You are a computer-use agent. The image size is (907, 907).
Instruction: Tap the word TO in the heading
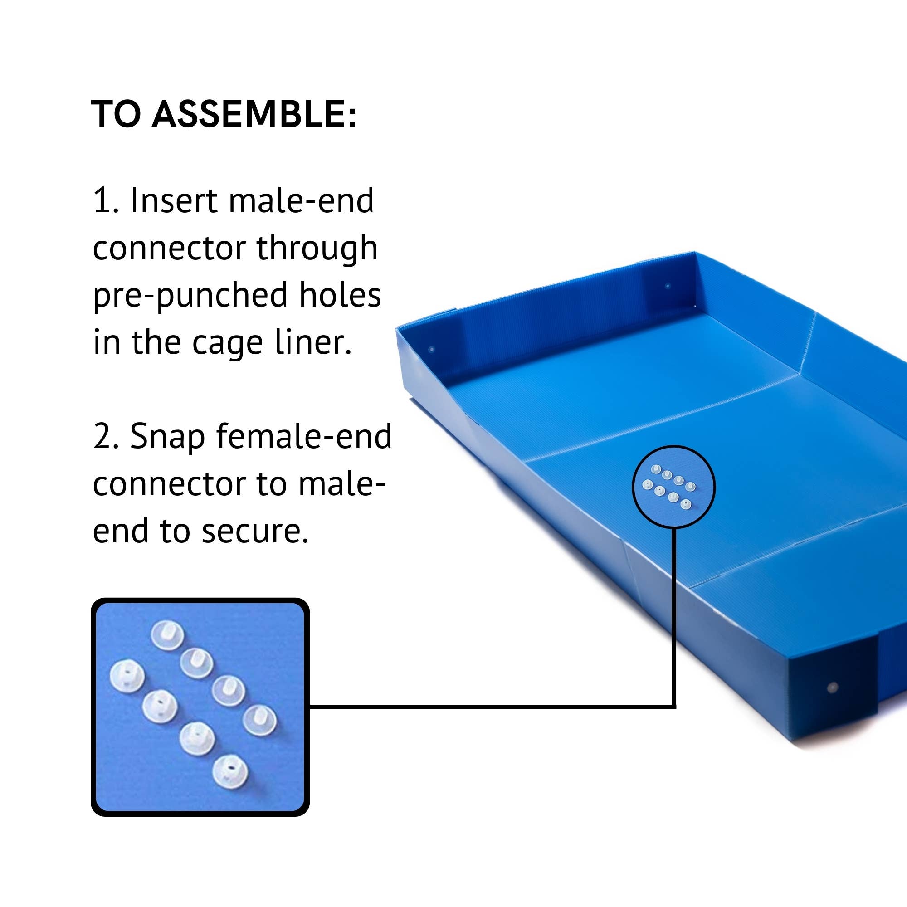[x=116, y=114]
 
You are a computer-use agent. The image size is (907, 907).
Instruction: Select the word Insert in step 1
[x=173, y=200]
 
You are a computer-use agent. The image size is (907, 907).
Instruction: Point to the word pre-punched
[x=190, y=296]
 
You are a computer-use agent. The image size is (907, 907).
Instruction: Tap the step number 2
[x=106, y=437]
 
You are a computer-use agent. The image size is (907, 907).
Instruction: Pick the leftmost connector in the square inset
[x=127, y=677]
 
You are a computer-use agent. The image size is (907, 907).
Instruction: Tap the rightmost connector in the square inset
[x=259, y=720]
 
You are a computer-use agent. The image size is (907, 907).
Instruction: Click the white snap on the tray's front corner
[x=832, y=688]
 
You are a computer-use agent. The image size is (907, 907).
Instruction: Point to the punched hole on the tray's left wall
[x=432, y=349]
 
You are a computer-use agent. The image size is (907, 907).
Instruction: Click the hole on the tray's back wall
[x=668, y=285]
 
